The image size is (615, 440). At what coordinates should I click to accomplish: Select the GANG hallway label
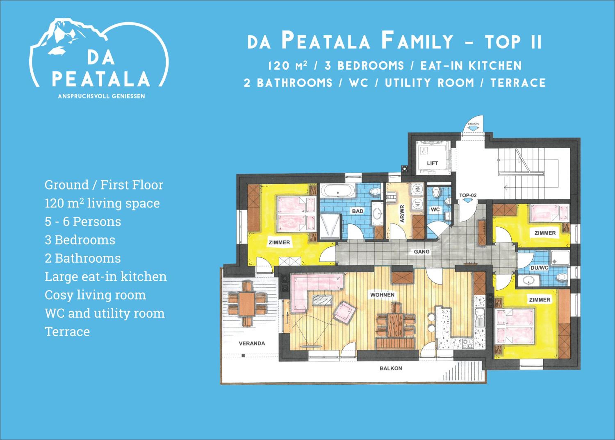tap(422, 252)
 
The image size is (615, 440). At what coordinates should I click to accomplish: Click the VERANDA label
tap(252, 343)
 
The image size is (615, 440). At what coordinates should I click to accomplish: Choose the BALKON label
tap(391, 368)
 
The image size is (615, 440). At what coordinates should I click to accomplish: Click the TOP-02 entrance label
tap(468, 195)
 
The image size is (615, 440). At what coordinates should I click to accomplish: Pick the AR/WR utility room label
tap(402, 214)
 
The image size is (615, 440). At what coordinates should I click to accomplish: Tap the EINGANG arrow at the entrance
tap(474, 129)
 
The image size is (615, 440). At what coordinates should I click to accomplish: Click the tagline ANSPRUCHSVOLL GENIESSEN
tap(101, 96)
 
